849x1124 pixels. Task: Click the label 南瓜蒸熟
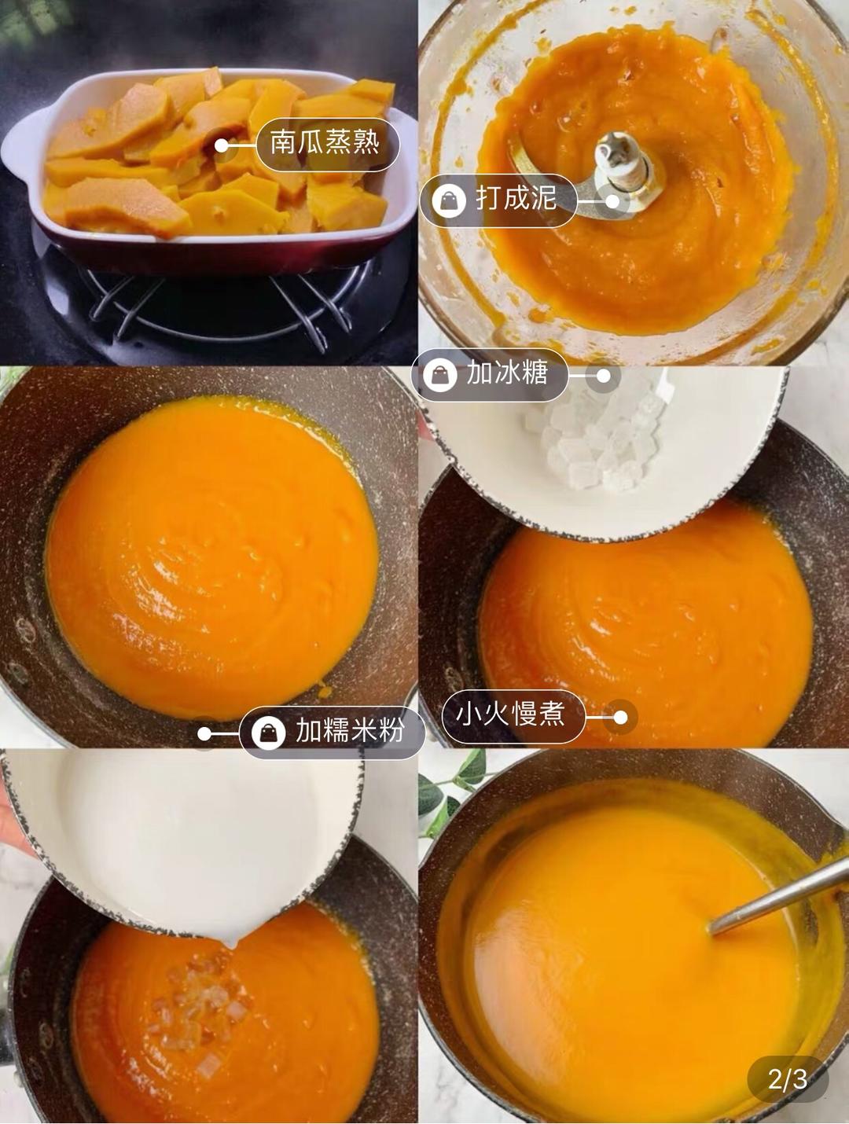click(325, 144)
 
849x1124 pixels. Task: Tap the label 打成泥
click(516, 200)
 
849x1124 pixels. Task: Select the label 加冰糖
click(507, 373)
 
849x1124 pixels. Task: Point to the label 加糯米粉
click(350, 732)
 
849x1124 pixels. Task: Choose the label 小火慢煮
click(511, 715)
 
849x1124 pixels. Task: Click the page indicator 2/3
click(788, 1078)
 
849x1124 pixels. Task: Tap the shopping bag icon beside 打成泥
click(449, 201)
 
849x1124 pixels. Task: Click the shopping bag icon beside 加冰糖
click(439, 374)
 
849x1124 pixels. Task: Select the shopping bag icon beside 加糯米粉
click(268, 733)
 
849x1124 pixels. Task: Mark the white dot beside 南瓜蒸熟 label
click(222, 145)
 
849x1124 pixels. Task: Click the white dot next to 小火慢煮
click(620, 717)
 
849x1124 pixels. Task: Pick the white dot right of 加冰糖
click(603, 376)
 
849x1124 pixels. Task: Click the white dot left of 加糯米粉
click(204, 734)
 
